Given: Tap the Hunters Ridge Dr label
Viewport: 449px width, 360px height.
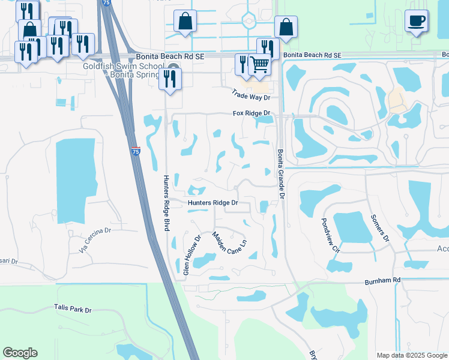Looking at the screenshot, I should pyautogui.click(x=213, y=203).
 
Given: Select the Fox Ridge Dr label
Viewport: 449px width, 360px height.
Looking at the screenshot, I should pyautogui.click(x=252, y=113).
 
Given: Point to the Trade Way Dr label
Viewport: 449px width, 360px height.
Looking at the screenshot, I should pyautogui.click(x=252, y=94).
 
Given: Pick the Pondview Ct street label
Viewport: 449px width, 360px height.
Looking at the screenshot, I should pyautogui.click(x=331, y=236).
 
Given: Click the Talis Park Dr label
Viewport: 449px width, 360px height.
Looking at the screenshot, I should pyautogui.click(x=72, y=310).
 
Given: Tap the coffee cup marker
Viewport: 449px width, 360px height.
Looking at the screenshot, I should pyautogui.click(x=416, y=20).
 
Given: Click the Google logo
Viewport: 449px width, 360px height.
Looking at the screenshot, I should pyautogui.click(x=20, y=353).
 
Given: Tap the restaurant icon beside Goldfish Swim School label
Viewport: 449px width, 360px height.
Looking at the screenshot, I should pyautogui.click(x=170, y=79).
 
